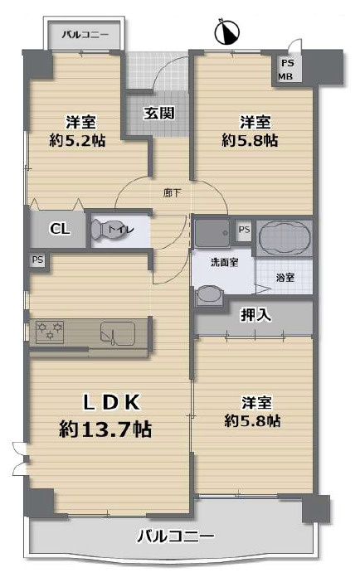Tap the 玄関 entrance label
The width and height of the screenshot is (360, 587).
pyautogui.click(x=159, y=113)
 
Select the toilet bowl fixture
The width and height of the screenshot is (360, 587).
pyautogui.click(x=101, y=230)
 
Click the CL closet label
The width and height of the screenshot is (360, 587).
pyautogui.click(x=60, y=228)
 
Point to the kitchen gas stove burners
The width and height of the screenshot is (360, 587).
pyautogui.click(x=50, y=332)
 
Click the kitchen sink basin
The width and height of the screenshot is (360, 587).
pyautogui.click(x=117, y=333)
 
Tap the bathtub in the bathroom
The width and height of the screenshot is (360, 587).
pyautogui.click(x=285, y=237)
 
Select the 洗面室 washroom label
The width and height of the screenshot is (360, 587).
pyautogui.click(x=225, y=262)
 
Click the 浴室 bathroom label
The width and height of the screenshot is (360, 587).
pyautogui.click(x=285, y=278)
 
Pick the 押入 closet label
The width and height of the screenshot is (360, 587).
pyautogui.click(x=255, y=315)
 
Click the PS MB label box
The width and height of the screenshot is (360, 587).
pyautogui.click(x=286, y=70)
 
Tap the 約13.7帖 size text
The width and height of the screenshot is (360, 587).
pyautogui.click(x=105, y=429)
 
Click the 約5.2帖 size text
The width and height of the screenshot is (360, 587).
pyautogui.click(x=77, y=140)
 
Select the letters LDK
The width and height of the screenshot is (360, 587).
pyautogui.click(x=112, y=403)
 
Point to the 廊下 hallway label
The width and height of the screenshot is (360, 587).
pyautogui.click(x=172, y=193)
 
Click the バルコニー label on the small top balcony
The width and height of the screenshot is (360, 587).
pyautogui.click(x=85, y=35)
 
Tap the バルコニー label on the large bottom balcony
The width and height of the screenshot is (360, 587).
pyautogui.click(x=176, y=536)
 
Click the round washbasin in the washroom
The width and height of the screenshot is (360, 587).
pyautogui.click(x=208, y=293)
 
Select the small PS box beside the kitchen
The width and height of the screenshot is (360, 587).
pyautogui.click(x=37, y=260)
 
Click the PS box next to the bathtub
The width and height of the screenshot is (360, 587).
pyautogui.click(x=244, y=229)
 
